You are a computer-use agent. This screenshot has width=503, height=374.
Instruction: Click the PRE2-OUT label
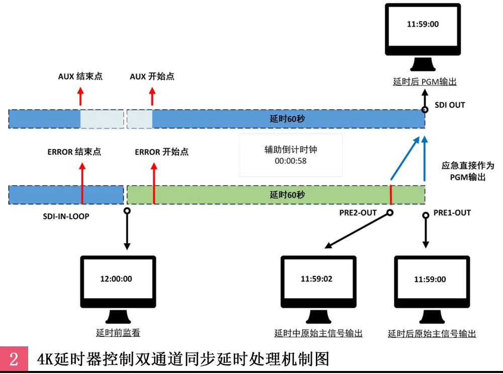(x=358, y=213)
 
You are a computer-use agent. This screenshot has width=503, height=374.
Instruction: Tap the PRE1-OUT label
(x=452, y=213)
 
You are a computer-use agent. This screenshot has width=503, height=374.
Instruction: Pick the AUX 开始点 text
(x=152, y=76)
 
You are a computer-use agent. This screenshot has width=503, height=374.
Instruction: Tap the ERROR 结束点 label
(x=74, y=151)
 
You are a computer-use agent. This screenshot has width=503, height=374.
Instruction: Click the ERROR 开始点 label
(x=161, y=151)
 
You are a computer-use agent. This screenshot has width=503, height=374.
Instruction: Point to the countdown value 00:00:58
(x=290, y=161)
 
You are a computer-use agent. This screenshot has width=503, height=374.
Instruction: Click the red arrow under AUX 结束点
(x=80, y=96)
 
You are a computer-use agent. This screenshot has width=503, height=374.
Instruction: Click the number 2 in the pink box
(x=14, y=359)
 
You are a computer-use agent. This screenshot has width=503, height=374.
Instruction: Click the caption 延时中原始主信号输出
(x=318, y=333)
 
